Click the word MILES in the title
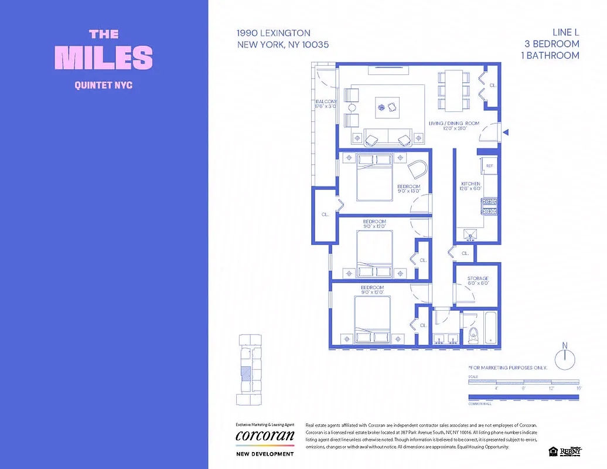click(x=104, y=57)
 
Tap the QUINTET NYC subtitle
click(x=104, y=85)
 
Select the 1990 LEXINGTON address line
click(x=274, y=33)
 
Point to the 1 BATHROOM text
click(x=550, y=56)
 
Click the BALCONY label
click(x=326, y=102)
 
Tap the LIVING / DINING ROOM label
click(x=453, y=124)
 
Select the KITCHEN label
click(x=470, y=185)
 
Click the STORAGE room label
click(x=478, y=278)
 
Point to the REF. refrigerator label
click(x=489, y=166)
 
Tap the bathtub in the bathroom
click(x=490, y=328)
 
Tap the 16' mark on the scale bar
click(x=578, y=388)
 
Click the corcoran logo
click(x=265, y=436)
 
